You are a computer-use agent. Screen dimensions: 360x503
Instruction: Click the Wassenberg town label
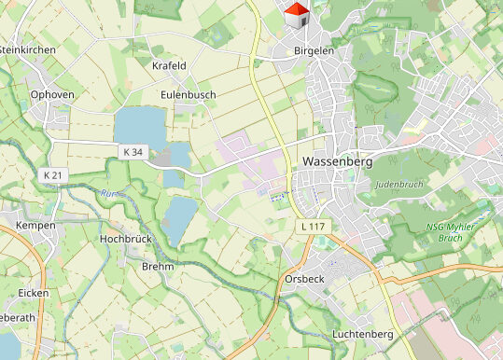(x=338, y=161)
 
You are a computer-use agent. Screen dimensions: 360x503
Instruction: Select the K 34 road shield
(x=133, y=151)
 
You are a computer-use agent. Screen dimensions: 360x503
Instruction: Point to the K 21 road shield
(x=53, y=175)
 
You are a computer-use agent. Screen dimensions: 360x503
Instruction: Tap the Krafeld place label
(x=169, y=65)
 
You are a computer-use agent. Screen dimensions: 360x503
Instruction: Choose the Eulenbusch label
(x=188, y=94)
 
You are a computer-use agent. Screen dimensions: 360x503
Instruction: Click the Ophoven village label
(x=52, y=94)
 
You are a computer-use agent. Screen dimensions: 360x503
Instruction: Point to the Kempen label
(x=35, y=226)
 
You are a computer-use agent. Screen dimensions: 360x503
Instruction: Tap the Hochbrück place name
(x=124, y=239)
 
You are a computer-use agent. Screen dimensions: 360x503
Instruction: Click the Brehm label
(x=158, y=267)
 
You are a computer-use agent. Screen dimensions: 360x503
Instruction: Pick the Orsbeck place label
(x=305, y=279)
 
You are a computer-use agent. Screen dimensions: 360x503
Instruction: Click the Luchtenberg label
(x=362, y=334)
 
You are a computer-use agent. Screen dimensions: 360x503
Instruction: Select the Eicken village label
(x=34, y=293)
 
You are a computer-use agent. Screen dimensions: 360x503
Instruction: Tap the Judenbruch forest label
(x=398, y=184)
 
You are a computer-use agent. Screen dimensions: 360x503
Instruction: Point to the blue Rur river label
(x=105, y=194)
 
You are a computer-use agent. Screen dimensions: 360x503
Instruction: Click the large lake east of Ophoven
(x=137, y=127)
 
